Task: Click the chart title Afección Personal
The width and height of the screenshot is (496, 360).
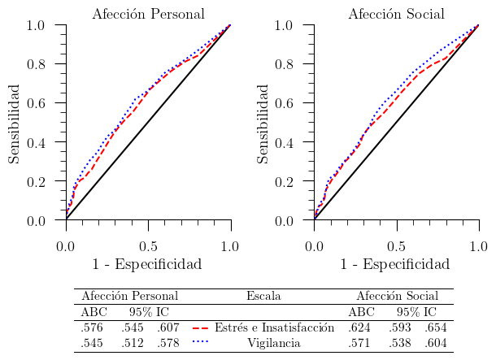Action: [x=148, y=14]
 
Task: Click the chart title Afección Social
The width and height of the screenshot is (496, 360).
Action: [x=396, y=14]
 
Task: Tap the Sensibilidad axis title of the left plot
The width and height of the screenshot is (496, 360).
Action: [x=15, y=122]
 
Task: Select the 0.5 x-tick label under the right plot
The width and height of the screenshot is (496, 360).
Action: [x=396, y=245]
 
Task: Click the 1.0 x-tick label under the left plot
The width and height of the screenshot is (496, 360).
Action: [x=231, y=245]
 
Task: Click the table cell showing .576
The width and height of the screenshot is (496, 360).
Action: [x=92, y=327]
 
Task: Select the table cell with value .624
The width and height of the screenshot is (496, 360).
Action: [x=359, y=327]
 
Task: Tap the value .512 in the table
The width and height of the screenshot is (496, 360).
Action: [x=132, y=343]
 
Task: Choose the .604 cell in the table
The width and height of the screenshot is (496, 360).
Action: [x=435, y=343]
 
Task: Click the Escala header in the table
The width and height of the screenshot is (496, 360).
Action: [x=263, y=297]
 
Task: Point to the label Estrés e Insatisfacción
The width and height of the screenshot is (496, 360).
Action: [x=275, y=327]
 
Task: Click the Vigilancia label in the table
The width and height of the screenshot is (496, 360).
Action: [x=274, y=343]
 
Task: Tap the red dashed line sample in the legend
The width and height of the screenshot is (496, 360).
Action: [x=201, y=327]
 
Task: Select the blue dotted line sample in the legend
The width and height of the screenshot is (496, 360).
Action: [x=201, y=343]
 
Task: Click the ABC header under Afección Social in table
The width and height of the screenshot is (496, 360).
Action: [x=361, y=312]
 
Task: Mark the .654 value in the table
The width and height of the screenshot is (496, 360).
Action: [x=435, y=327]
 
